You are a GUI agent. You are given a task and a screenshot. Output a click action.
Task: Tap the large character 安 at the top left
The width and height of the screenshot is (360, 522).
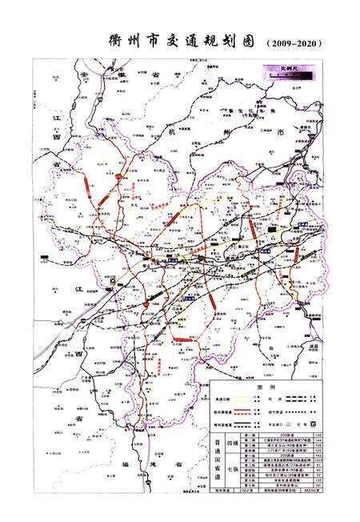click(83, 73)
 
